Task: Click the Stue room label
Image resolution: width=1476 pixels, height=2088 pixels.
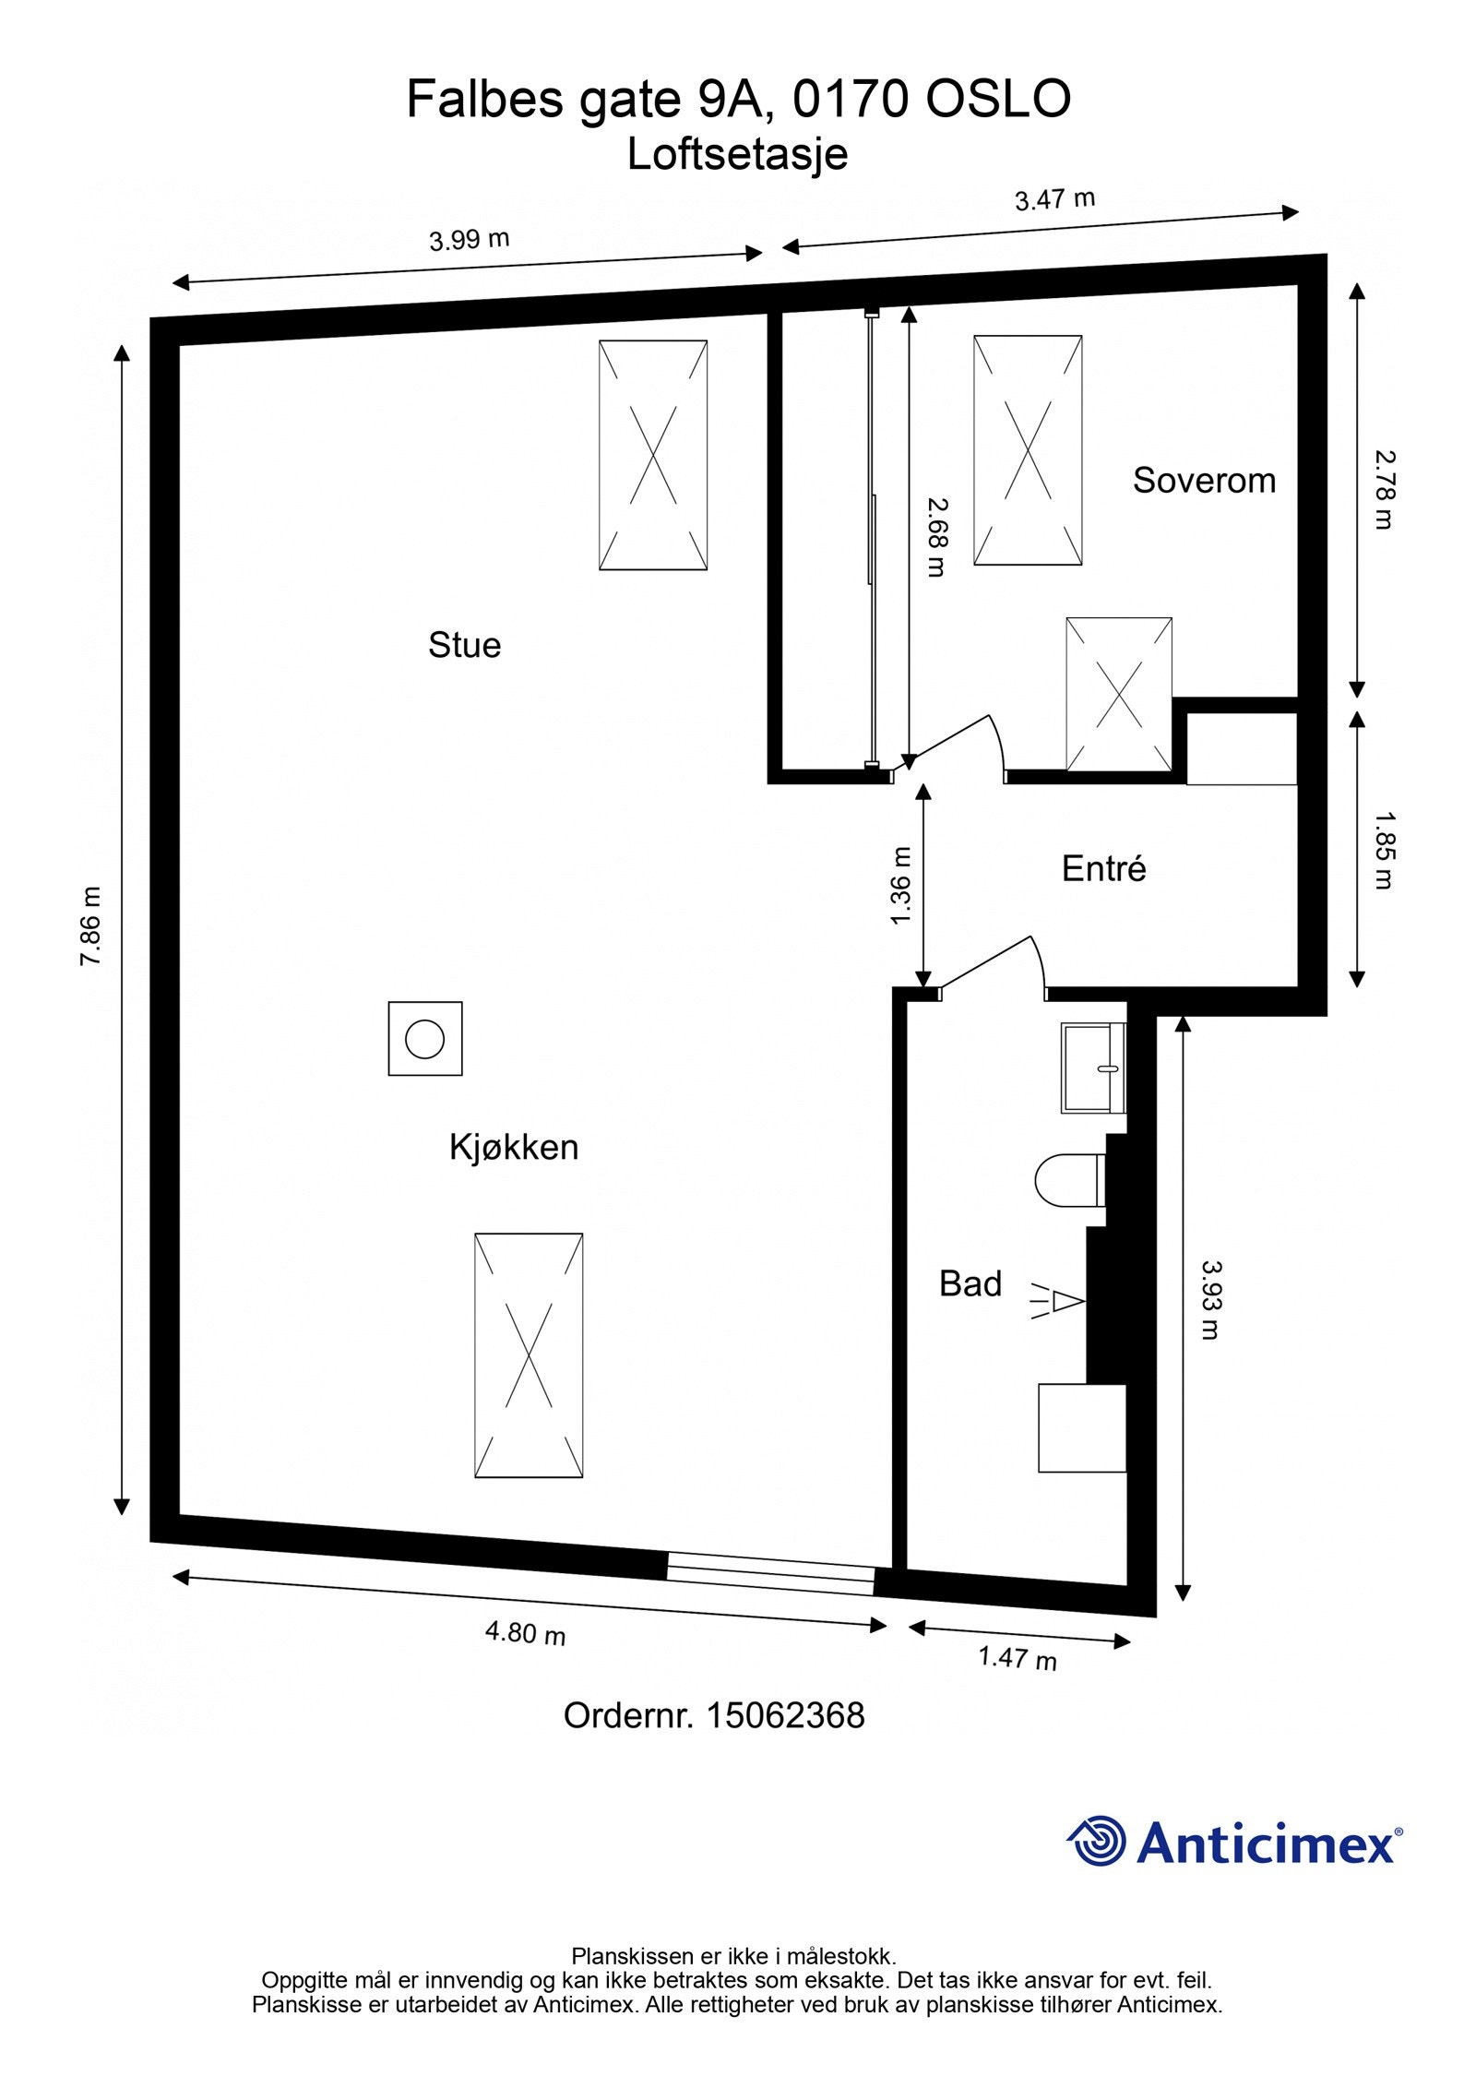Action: pyautogui.click(x=464, y=645)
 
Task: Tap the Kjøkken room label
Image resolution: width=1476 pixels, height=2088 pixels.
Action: pyautogui.click(x=514, y=1147)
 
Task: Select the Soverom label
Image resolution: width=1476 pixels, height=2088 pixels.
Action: pyautogui.click(x=1204, y=480)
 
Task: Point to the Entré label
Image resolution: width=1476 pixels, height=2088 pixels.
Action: pyautogui.click(x=1103, y=868)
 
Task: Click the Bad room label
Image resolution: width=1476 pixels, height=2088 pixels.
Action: pyautogui.click(x=970, y=1283)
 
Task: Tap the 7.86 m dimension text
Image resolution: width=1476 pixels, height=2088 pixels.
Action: pyautogui.click(x=90, y=925)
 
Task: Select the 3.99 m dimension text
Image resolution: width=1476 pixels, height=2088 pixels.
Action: pyautogui.click(x=470, y=240)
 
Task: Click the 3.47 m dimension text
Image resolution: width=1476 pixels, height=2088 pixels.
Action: pyautogui.click(x=1054, y=199)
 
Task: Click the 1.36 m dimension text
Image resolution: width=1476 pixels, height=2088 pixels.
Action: pyautogui.click(x=901, y=886)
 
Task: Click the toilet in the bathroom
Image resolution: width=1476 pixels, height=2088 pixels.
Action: pyautogui.click(x=1070, y=1179)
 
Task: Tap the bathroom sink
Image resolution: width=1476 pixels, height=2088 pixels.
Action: pyautogui.click(x=1094, y=1068)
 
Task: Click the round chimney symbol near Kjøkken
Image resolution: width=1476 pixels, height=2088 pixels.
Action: pyautogui.click(x=425, y=1039)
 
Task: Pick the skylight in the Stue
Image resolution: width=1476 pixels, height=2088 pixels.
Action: pyautogui.click(x=653, y=455)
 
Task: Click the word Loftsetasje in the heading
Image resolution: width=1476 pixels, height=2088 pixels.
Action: pyautogui.click(x=737, y=154)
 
